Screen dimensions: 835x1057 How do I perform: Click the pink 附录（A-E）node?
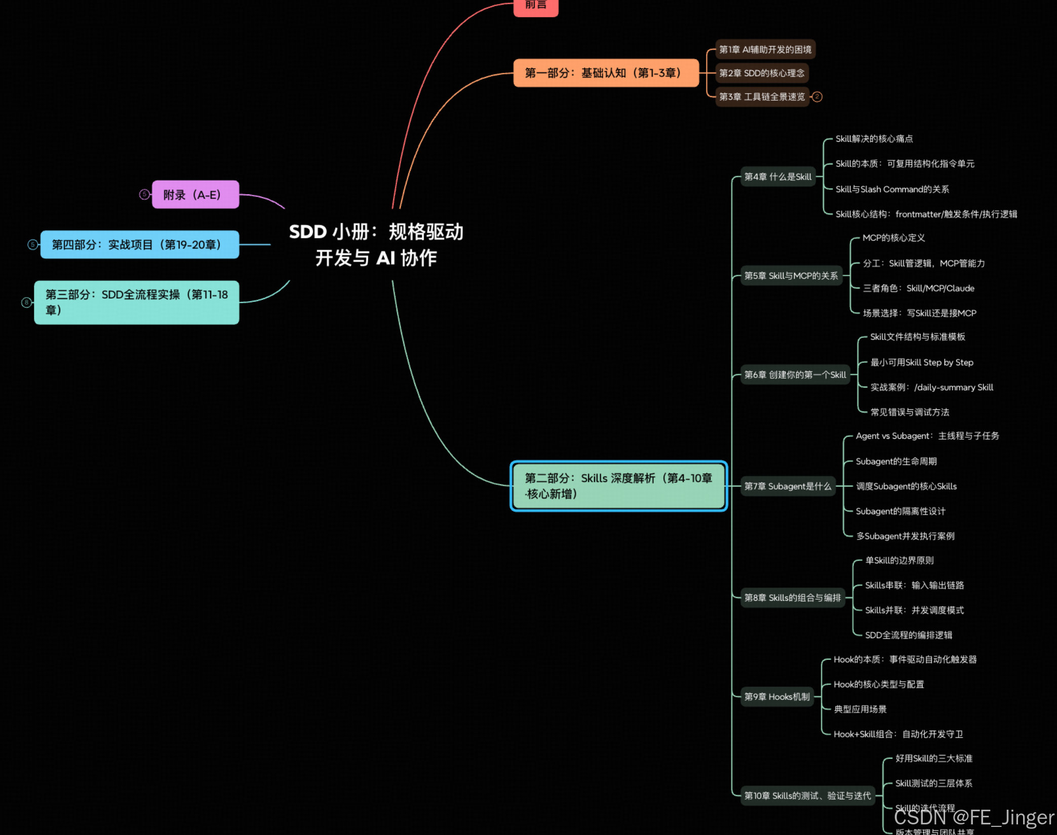[x=195, y=195]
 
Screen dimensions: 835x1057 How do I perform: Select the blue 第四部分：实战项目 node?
[x=139, y=245]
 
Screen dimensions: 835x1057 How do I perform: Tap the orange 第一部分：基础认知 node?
[x=606, y=73]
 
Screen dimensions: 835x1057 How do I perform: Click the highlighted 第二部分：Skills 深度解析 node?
[x=618, y=486]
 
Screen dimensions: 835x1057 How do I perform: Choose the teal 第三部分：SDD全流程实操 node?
[x=136, y=302]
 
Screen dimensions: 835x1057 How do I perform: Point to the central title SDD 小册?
[x=376, y=244]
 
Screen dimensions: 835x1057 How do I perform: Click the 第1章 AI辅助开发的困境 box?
[x=765, y=50]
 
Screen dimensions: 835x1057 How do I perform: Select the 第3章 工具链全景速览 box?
[x=762, y=97]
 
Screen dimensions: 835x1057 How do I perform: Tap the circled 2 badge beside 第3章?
[x=817, y=97]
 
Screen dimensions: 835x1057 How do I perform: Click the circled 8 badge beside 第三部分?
[x=26, y=302]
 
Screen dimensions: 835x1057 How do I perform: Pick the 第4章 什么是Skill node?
[x=777, y=177]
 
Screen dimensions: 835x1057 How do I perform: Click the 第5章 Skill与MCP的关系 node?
[x=791, y=276]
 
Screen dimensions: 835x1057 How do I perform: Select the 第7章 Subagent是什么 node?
[x=788, y=486]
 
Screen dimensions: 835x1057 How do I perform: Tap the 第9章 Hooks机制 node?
[x=776, y=697]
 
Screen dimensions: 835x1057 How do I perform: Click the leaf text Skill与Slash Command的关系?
[x=892, y=189]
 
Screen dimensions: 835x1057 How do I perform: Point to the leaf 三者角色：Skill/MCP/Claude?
[x=918, y=288]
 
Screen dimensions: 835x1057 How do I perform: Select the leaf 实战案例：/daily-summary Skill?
[x=931, y=387]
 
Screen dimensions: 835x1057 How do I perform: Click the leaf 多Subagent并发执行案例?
[x=905, y=536]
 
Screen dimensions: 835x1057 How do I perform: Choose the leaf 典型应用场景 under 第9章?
[x=860, y=709]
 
